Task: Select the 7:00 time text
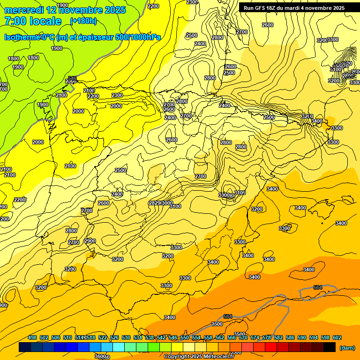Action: point(15,21)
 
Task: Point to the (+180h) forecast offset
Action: point(83,21)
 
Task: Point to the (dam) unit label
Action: point(346,348)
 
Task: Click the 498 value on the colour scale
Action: point(32,338)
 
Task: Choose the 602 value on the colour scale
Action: point(337,338)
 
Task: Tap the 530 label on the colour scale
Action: point(126,338)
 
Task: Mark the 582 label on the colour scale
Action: point(278,338)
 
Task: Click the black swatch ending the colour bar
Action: point(330,347)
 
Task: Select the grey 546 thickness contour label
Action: point(72,78)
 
